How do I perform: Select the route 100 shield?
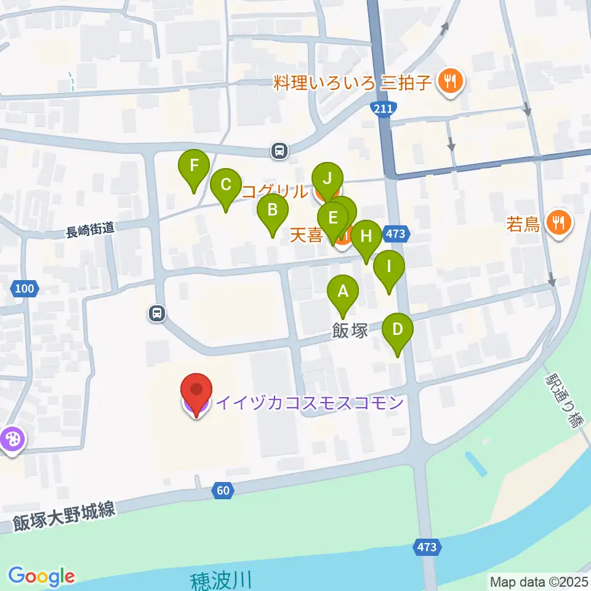[x=25, y=287]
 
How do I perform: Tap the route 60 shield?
[x=224, y=491]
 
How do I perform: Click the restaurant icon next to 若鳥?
[x=559, y=222]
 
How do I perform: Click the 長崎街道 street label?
[x=90, y=231]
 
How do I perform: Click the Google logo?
[x=41, y=577]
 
